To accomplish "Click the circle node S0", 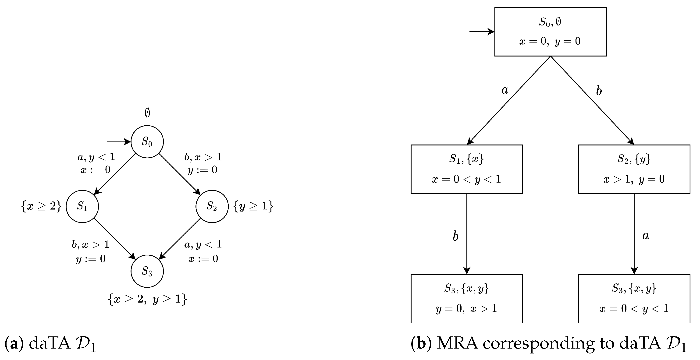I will [147, 141].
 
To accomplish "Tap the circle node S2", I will [212, 206].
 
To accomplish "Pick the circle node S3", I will [147, 271].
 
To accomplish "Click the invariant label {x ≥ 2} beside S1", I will [41, 206].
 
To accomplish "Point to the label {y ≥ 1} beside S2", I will [253, 206].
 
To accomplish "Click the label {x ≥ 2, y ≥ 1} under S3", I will [147, 299].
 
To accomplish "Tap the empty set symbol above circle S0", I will [147, 113].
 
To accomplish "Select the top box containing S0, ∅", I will [550, 32].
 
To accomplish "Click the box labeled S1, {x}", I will [467, 169].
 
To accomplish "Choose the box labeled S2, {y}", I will [634, 169].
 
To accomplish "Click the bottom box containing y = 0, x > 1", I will [467, 299].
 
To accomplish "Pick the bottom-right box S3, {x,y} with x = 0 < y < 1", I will [634, 299].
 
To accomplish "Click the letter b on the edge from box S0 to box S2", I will [599, 91].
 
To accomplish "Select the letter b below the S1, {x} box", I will [455, 236].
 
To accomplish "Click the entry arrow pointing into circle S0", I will [118, 141].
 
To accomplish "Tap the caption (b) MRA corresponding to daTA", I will [549, 344].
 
